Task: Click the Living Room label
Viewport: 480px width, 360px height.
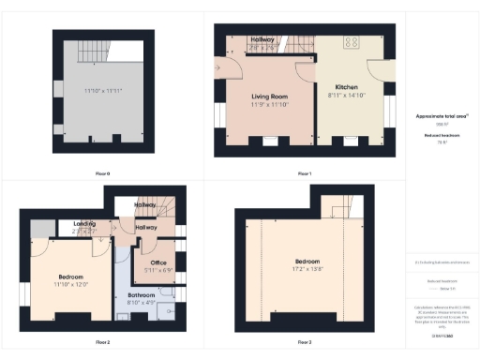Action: (x=270, y=96)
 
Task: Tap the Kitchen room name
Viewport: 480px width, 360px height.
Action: (x=346, y=86)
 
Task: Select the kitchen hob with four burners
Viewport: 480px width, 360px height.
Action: (x=354, y=41)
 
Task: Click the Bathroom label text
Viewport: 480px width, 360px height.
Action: (x=142, y=294)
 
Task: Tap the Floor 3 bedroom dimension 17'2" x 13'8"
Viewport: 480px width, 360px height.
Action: (x=307, y=269)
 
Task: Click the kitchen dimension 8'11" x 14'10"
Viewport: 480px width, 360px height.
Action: (x=346, y=95)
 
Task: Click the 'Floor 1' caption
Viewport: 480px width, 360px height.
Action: (x=304, y=173)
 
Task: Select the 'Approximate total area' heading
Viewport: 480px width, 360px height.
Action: (x=442, y=116)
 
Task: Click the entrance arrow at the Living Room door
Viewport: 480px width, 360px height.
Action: (x=217, y=67)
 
